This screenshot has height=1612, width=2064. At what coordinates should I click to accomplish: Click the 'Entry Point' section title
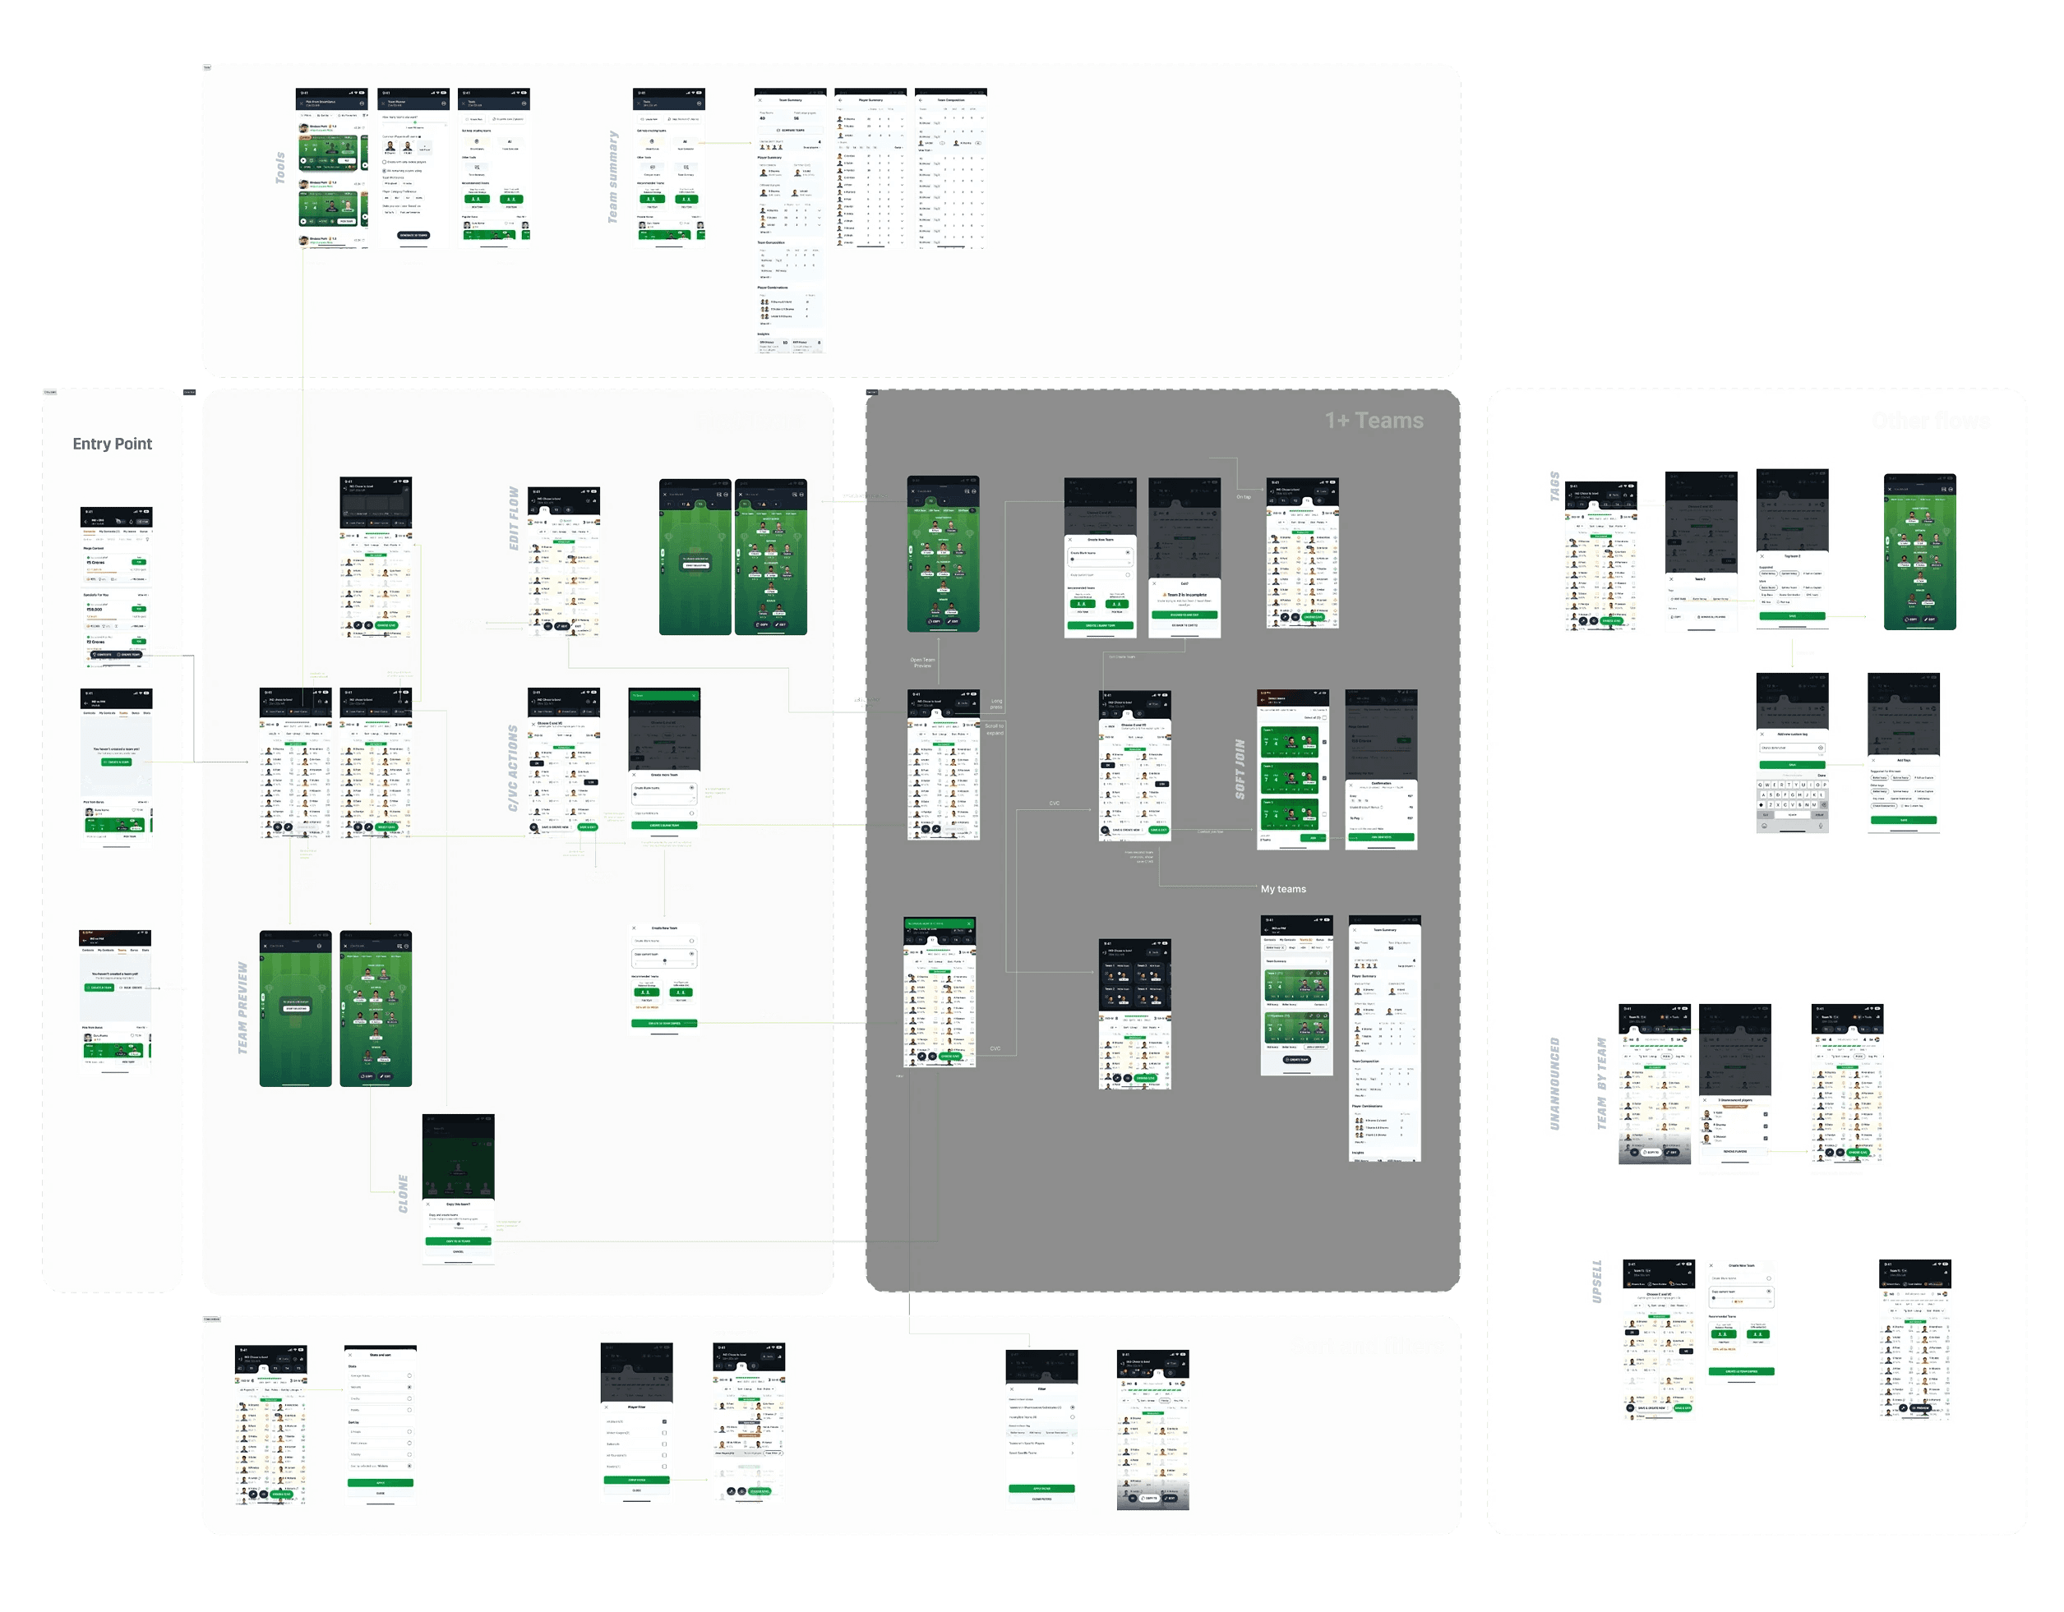(113, 444)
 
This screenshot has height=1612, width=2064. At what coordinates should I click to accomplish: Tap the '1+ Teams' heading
(1374, 421)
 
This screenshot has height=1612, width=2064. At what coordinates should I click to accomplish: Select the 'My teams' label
(1282, 889)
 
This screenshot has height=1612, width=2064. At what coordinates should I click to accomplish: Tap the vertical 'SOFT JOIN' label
(1240, 768)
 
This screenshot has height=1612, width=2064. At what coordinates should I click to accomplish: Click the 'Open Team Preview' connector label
(922, 662)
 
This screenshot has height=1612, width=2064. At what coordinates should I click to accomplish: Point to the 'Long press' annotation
(996, 704)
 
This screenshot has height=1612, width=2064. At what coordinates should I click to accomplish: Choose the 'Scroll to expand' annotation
(995, 730)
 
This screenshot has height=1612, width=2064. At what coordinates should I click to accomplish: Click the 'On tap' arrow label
(1244, 497)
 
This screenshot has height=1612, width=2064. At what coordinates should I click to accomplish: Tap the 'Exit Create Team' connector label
(1122, 656)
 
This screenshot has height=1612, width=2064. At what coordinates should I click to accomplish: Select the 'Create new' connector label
(770, 831)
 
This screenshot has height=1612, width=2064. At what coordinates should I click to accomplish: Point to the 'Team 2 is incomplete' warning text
(1186, 594)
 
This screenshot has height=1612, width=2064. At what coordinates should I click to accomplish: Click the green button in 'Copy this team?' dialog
(457, 1241)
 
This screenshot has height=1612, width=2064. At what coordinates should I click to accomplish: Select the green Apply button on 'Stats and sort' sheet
(380, 1482)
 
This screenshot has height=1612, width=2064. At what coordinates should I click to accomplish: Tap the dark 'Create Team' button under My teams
(1295, 1059)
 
